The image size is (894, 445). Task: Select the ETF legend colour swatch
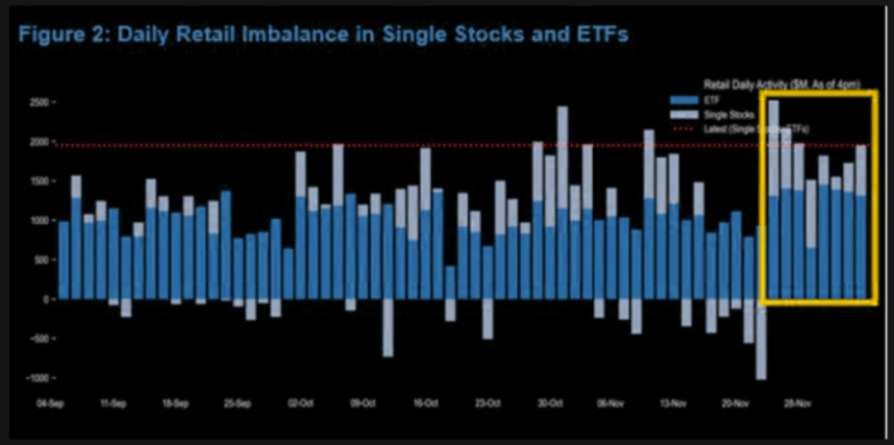(684, 100)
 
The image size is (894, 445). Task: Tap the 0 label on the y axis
(45, 299)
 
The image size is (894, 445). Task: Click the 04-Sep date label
(52, 405)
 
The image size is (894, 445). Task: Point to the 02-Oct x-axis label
(300, 405)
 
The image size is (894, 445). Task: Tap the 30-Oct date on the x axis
(548, 405)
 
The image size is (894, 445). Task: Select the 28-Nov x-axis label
(796, 405)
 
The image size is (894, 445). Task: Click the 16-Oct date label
(424, 405)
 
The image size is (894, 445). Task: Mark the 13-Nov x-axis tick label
(672, 405)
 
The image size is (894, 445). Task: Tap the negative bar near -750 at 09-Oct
(387, 327)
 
